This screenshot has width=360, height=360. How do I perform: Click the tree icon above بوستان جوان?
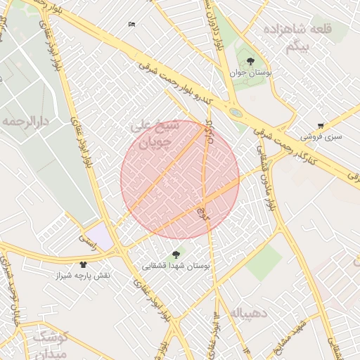click(x=251, y=61)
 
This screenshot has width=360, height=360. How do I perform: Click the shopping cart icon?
click(x=321, y=126)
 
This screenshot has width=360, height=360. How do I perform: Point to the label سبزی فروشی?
click(x=321, y=136)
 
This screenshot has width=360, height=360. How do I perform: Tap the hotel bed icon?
click(x=131, y=25)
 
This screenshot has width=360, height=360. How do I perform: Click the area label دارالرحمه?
click(x=25, y=122)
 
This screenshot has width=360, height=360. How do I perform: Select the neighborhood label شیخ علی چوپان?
click(x=156, y=135)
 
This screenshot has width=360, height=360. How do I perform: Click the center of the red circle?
click(x=180, y=179)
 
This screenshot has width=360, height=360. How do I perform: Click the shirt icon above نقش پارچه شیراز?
click(x=84, y=265)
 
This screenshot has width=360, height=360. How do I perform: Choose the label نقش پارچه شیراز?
click(x=84, y=276)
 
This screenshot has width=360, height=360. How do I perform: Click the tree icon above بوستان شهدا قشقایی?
click(x=176, y=255)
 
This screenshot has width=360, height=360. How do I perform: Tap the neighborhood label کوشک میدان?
click(x=50, y=343)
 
